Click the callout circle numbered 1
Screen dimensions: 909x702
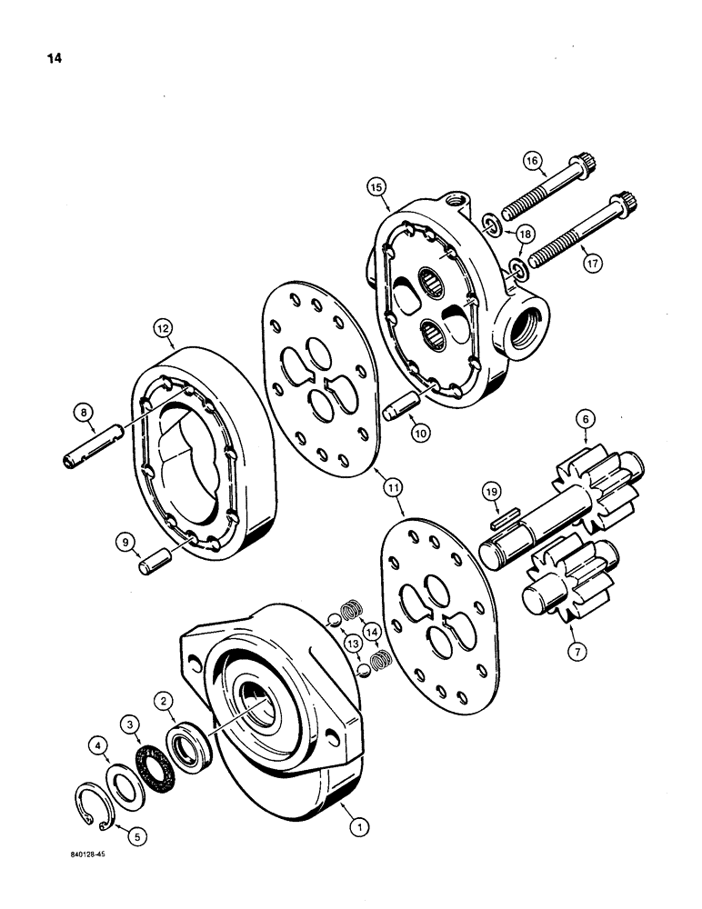360,826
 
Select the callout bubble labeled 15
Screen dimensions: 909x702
378,187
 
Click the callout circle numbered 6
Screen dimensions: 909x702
585,419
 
